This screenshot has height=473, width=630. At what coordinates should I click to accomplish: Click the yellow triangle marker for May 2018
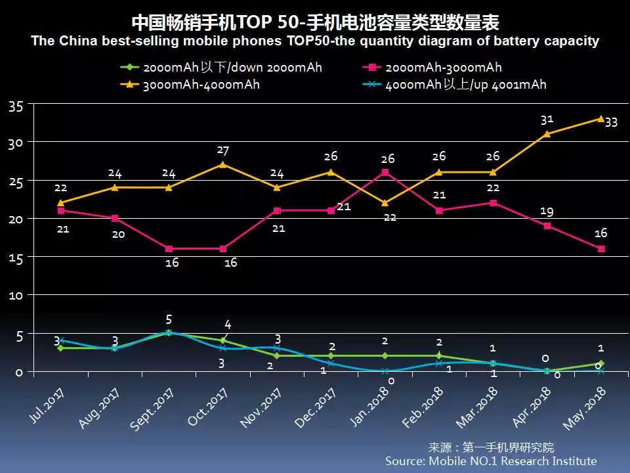[600, 118]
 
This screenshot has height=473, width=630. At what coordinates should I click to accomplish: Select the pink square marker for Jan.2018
[385, 172]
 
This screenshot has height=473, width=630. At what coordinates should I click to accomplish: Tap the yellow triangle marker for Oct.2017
[223, 164]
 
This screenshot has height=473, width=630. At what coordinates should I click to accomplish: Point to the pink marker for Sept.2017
[169, 249]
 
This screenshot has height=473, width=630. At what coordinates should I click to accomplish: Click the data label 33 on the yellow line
[611, 122]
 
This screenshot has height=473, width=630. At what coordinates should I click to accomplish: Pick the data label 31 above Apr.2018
[547, 120]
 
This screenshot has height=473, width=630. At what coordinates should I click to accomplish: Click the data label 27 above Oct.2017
[223, 150]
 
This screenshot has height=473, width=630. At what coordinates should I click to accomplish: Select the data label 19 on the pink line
[547, 212]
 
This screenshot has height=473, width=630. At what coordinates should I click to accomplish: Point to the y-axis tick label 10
[16, 296]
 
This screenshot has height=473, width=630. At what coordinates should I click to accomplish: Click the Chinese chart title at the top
[315, 23]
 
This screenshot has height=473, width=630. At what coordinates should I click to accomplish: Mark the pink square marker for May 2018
[600, 249]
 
